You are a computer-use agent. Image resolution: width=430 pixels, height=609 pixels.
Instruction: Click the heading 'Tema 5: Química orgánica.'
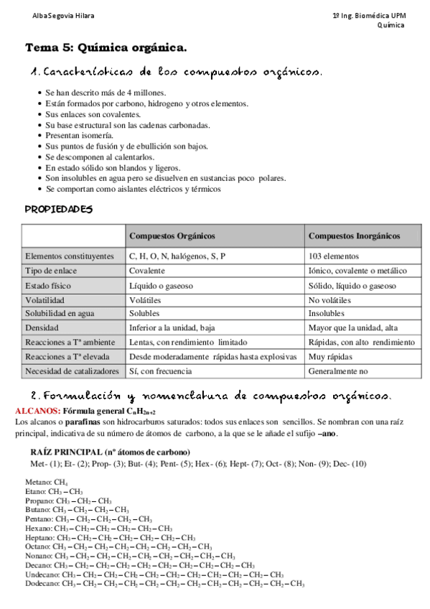pos(106,47)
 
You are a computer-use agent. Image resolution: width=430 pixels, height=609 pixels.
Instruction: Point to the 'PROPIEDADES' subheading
pos(59,209)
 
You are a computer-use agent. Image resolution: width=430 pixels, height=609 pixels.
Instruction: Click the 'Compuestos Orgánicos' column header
pos(172,236)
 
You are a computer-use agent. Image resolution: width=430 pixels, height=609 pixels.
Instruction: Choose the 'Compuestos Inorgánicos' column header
pos(355,236)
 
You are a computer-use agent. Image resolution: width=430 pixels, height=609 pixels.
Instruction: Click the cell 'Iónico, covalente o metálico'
pos(357,271)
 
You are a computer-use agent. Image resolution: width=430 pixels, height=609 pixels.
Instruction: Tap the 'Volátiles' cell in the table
pos(145,299)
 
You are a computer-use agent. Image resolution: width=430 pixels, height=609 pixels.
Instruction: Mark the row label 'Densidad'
pos(43,328)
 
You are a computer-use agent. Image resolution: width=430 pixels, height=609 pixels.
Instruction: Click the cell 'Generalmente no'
pos(337,371)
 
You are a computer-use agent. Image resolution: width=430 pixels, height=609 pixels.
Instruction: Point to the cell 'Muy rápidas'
pos(329,357)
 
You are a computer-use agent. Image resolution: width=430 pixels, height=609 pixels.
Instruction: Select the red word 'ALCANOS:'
pos(38,410)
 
